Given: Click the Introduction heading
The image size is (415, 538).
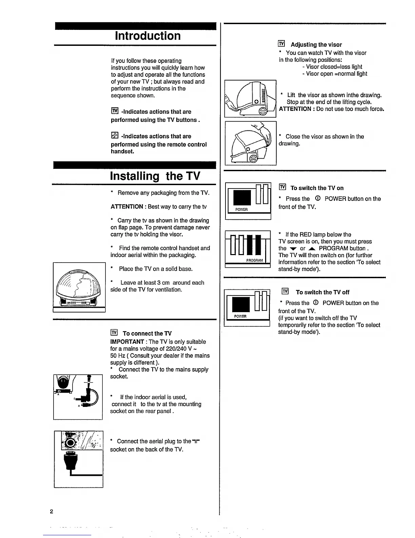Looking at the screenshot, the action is coord(147,36).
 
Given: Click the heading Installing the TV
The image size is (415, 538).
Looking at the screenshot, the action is coord(155,176).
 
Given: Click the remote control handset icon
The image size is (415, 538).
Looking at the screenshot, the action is coord(114,136).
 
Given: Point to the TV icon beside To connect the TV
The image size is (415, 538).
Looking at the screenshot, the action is coord(114,333).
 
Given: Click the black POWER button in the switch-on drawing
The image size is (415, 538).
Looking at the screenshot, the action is coord(242,198).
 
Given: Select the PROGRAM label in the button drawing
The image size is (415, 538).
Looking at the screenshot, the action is coord(254,260).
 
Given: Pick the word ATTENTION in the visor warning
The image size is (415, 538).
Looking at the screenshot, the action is coord(295,109).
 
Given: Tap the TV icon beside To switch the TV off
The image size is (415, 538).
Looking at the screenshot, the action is coord(285,291).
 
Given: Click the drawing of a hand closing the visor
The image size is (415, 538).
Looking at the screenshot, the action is coord(250,143).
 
